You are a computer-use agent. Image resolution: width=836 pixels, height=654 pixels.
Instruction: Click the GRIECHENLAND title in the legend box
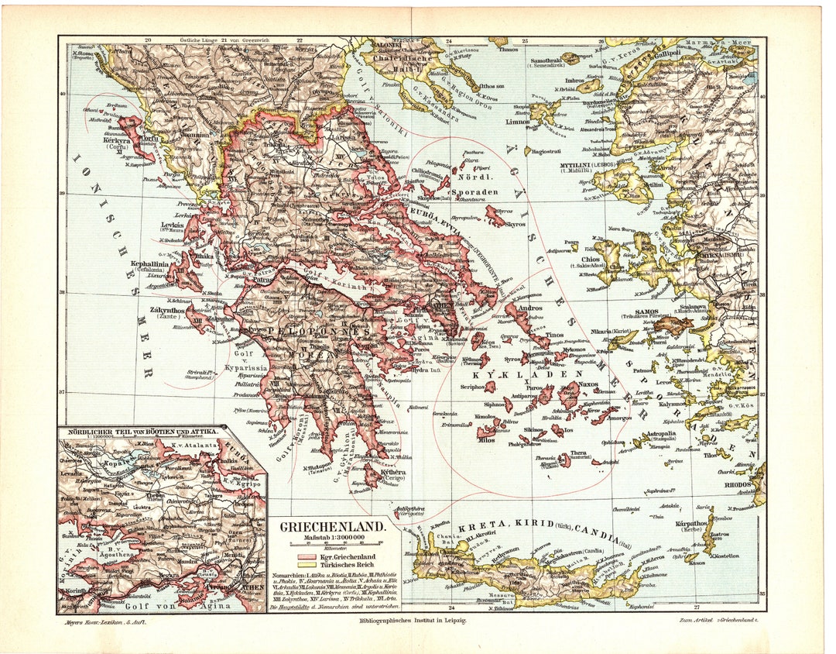click(x=332, y=526)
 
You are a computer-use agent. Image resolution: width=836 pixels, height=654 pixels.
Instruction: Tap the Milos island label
click(x=486, y=439)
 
